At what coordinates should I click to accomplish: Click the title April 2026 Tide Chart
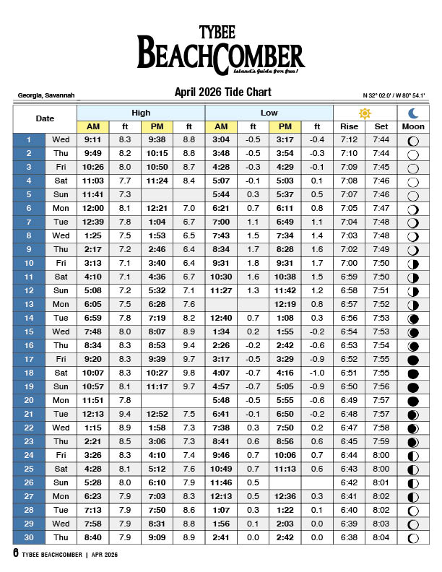(x=222, y=92)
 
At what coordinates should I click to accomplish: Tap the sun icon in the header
(x=365, y=113)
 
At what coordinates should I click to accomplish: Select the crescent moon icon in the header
(x=413, y=113)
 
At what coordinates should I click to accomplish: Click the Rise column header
(x=349, y=126)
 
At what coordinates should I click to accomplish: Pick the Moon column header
(x=413, y=126)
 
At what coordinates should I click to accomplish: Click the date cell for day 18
(x=29, y=373)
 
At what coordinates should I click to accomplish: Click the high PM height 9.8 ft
(x=189, y=373)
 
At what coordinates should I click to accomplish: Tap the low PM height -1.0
(x=317, y=373)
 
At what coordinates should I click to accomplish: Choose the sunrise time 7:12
(x=349, y=139)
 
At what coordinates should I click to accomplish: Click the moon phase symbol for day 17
(x=413, y=360)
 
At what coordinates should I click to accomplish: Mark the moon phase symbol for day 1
(x=413, y=140)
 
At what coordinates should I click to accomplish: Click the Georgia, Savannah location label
(x=45, y=95)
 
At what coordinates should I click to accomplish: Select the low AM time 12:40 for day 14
(x=221, y=318)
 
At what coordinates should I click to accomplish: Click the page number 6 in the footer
(x=15, y=554)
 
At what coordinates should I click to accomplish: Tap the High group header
(x=141, y=113)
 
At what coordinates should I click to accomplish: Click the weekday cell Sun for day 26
(x=61, y=482)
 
